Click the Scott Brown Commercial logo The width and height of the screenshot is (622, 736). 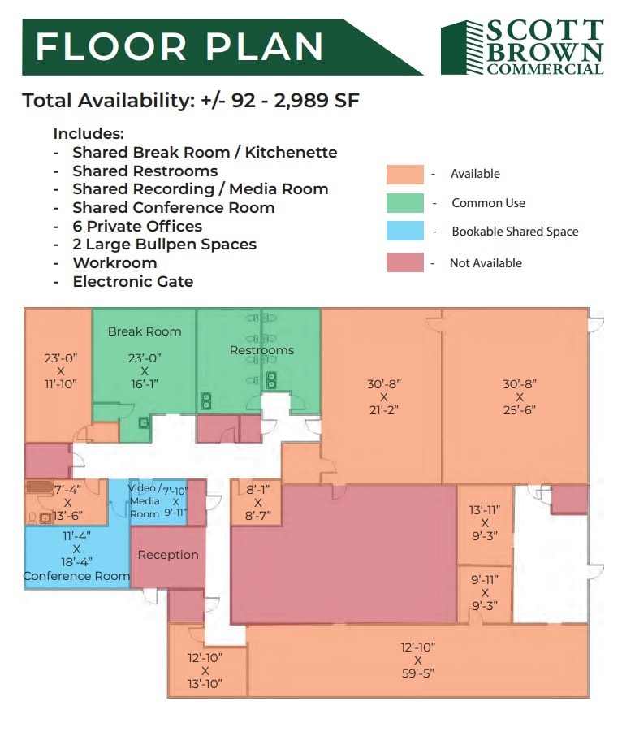tap(522, 48)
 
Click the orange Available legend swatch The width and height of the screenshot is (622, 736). tap(404, 174)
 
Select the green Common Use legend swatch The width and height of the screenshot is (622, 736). tap(404, 203)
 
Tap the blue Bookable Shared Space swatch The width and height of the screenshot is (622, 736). tap(404, 232)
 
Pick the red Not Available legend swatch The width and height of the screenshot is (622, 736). tap(404, 262)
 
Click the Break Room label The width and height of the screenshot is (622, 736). tap(145, 331)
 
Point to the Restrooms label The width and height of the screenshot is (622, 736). tap(261, 350)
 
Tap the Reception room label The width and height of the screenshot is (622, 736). tap(168, 555)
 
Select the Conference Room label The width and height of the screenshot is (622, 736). tap(76, 576)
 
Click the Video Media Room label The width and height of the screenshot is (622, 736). tap(145, 501)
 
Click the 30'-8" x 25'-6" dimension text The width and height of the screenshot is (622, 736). tap(520, 396)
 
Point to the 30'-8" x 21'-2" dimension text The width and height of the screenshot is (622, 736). tap(383, 396)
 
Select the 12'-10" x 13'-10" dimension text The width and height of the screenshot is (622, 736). tap(205, 670)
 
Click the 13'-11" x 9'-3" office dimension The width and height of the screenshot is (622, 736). tap(485, 522)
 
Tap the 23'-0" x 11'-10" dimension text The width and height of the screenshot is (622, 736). tap(60, 370)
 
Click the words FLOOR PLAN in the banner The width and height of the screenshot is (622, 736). tap(179, 47)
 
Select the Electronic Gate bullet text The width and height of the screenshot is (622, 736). tap(132, 281)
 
